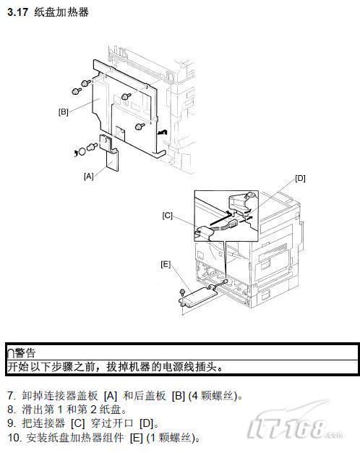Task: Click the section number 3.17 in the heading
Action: tap(18, 12)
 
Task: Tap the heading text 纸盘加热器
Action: tap(61, 12)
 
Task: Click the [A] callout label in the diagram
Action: tap(89, 176)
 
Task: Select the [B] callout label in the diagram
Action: tap(63, 112)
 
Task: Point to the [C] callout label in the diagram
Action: tap(167, 216)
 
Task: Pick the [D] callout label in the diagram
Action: tap(300, 178)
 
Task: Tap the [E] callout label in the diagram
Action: tap(166, 264)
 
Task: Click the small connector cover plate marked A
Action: tap(109, 153)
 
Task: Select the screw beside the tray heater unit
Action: tap(182, 292)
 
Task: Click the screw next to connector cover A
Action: tap(92, 146)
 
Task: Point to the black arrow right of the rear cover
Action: tap(163, 132)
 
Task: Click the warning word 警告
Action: tap(25, 352)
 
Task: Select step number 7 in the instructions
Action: tap(11, 396)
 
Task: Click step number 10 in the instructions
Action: tap(14, 437)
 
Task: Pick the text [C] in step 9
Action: tap(77, 423)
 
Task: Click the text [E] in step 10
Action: tap(137, 438)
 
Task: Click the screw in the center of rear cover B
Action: tap(126, 96)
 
